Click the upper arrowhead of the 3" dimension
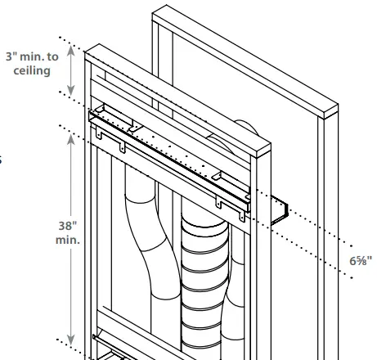click(x=72, y=49)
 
